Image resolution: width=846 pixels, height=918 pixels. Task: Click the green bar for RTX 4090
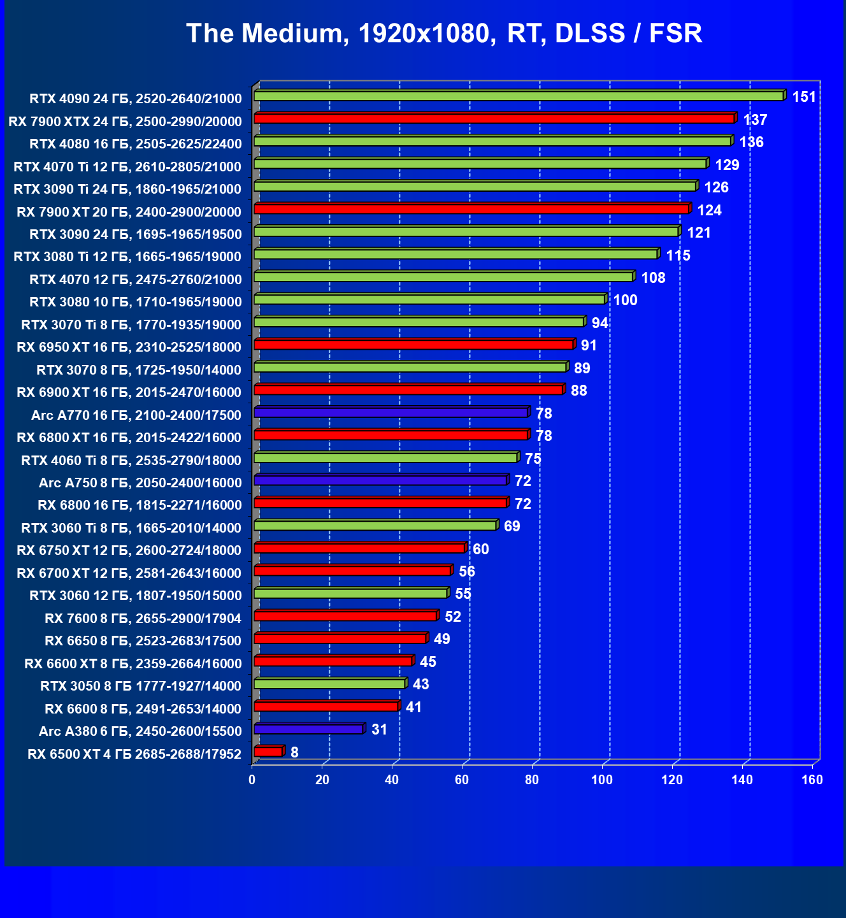pos(519,96)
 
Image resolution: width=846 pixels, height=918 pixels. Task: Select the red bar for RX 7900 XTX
pos(494,118)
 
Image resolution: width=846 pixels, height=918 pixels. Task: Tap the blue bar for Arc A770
pos(391,413)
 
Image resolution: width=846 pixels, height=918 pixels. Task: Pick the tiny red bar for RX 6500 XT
pos(268,752)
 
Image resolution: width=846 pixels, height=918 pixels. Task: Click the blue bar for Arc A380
pos(308,729)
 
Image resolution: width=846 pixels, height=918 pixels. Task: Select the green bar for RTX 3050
pos(329,684)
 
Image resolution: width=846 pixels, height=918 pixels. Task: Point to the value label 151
pos(804,97)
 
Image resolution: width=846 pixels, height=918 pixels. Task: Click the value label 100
pos(625,300)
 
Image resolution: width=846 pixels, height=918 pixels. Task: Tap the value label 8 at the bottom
pos(294,752)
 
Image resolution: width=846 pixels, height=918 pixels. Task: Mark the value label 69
pos(512,526)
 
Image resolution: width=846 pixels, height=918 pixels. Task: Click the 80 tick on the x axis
pos(532,780)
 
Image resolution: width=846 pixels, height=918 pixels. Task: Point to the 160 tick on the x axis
pos(812,780)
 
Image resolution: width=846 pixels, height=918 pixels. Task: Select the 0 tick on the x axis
pos(252,780)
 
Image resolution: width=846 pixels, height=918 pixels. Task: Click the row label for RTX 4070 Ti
pos(127,167)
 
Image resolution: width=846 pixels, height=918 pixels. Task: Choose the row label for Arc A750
pos(140,483)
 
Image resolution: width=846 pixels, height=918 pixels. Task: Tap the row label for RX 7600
pos(143,619)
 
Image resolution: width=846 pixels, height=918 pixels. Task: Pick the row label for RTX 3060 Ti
pos(131,528)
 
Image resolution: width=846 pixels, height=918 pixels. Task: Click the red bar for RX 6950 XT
pos(414,345)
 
